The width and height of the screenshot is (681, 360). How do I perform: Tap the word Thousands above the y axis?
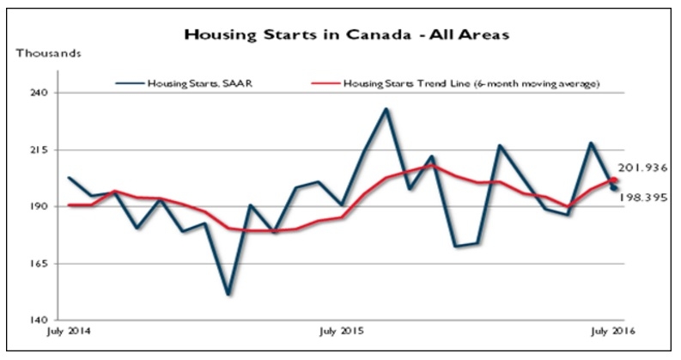(x=49, y=53)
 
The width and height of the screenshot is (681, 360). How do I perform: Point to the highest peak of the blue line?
(x=386, y=109)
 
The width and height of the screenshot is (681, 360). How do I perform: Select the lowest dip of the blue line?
(x=228, y=295)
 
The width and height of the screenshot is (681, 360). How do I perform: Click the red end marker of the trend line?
(x=613, y=180)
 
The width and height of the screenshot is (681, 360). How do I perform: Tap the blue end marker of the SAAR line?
(x=614, y=188)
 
